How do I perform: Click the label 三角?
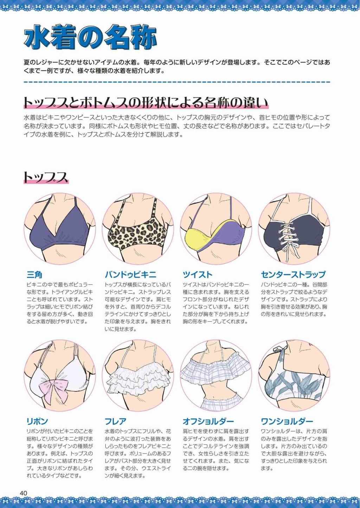click(x=34, y=275)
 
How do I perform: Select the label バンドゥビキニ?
click(x=131, y=275)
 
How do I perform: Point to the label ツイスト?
click(x=197, y=275)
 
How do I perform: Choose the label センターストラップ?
click(x=293, y=275)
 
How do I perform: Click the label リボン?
click(x=37, y=422)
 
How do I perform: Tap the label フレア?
click(x=115, y=422)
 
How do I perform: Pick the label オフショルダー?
click(x=208, y=422)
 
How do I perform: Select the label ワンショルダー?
click(x=287, y=422)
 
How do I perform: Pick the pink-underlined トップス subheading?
click(x=46, y=177)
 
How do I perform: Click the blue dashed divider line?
click(x=177, y=82)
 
